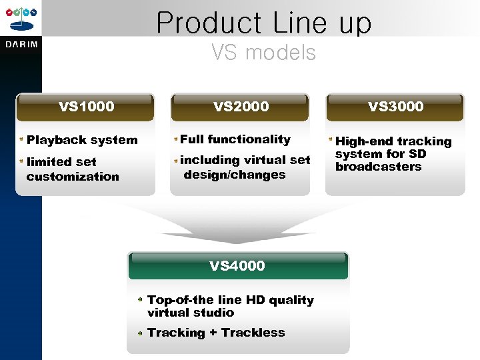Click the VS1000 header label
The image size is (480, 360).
[x=86, y=107]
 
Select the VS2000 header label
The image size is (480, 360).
[x=241, y=107]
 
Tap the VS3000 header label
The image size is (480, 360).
[x=395, y=107]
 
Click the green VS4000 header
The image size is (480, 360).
[x=237, y=266]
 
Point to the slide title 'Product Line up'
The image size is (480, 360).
[x=263, y=23]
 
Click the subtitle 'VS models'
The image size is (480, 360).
[x=263, y=52]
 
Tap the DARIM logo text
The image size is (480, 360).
[x=21, y=45]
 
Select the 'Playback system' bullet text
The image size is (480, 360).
[x=82, y=140]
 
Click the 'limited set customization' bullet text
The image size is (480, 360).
[x=73, y=169]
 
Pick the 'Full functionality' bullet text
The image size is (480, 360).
[x=235, y=139]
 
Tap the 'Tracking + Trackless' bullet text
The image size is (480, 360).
[x=216, y=333]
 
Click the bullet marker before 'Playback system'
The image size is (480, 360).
[x=21, y=140]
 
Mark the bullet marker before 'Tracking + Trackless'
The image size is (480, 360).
[x=141, y=333]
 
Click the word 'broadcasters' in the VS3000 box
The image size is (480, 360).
[x=378, y=167]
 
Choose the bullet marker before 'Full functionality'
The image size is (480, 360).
[x=175, y=139]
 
